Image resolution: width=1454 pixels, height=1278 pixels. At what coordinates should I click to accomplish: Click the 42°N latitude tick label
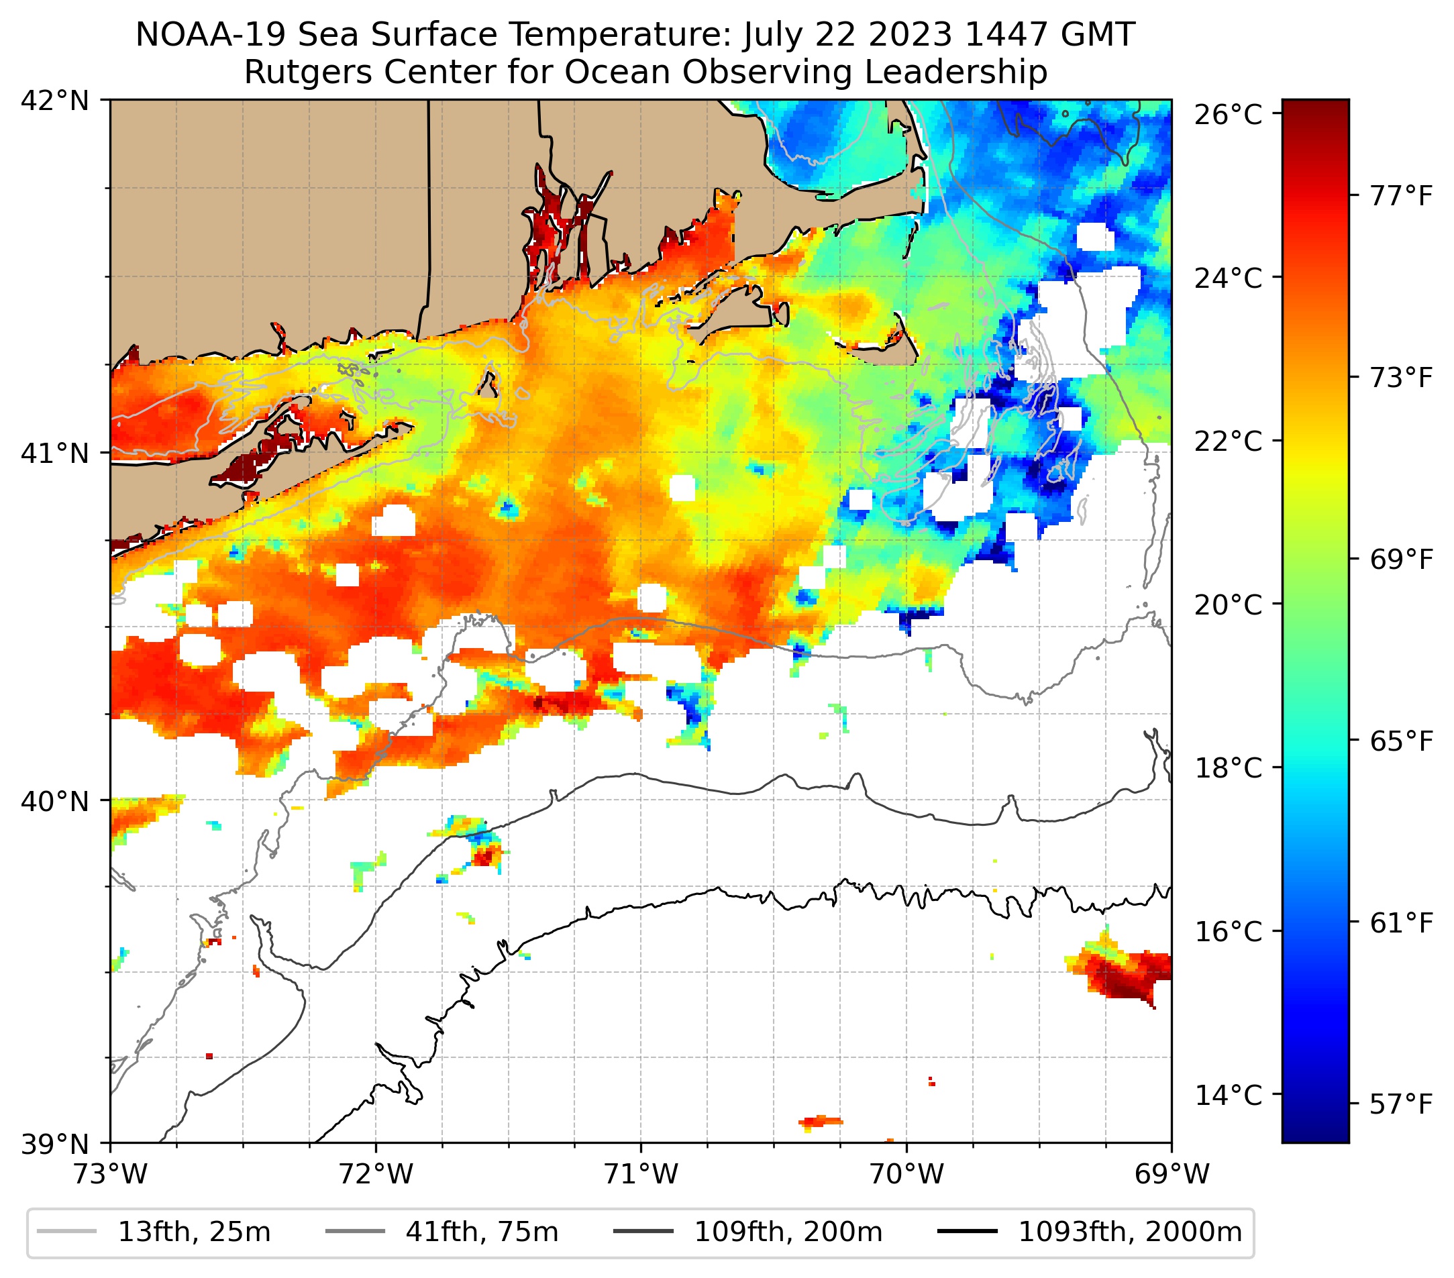[55, 101]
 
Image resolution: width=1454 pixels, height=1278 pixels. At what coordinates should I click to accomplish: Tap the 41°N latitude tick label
[55, 453]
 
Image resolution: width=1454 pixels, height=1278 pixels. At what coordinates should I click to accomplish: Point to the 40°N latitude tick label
[55, 801]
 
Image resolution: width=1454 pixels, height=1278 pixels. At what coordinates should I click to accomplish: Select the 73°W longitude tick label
[110, 1174]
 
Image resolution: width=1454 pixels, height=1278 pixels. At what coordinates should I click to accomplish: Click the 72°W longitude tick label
[376, 1174]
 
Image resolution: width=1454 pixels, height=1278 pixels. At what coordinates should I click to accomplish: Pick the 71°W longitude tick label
[641, 1174]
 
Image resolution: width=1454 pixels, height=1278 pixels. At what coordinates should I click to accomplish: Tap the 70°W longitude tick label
[907, 1174]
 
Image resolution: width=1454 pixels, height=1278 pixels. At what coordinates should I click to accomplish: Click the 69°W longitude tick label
[1172, 1174]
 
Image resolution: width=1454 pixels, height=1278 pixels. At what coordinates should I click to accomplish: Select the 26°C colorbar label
[1228, 115]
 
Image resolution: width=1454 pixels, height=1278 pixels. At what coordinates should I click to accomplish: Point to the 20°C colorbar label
[1228, 605]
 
